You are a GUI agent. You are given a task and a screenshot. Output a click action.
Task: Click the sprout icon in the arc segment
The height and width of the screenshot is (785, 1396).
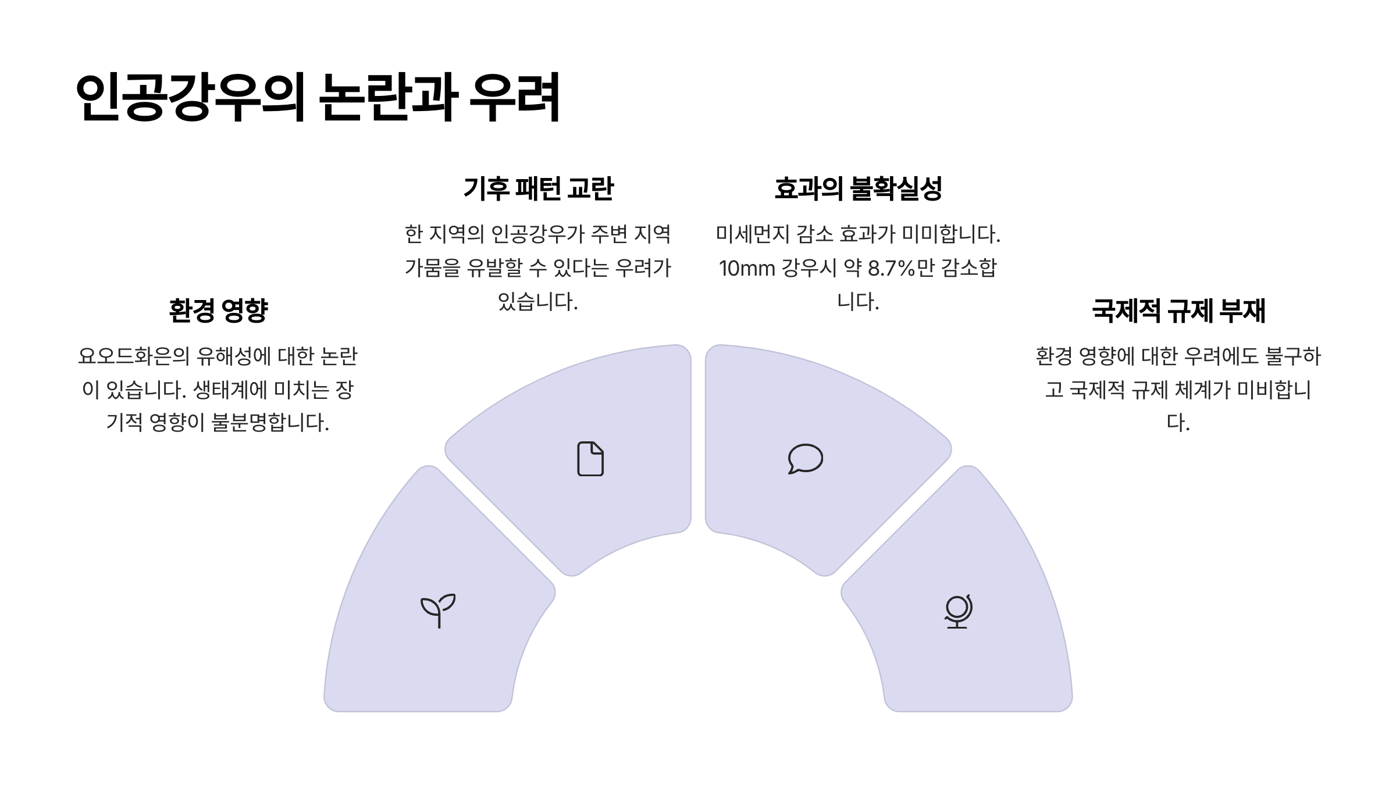click(x=438, y=610)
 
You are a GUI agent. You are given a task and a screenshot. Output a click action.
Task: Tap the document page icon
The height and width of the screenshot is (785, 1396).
click(x=590, y=459)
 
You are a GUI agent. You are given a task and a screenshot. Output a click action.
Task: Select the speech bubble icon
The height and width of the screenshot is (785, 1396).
click(x=806, y=459)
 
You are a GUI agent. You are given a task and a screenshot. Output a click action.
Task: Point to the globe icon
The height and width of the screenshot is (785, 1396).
click(x=957, y=611)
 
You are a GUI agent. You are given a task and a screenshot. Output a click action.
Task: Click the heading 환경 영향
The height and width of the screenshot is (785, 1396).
click(x=218, y=311)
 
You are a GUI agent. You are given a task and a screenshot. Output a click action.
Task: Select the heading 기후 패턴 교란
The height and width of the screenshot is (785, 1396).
click(x=538, y=188)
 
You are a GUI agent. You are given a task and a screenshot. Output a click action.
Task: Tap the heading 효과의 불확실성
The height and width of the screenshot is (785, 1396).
click(x=858, y=188)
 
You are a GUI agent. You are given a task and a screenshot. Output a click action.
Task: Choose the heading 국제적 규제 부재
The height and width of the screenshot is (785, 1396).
click(x=1178, y=311)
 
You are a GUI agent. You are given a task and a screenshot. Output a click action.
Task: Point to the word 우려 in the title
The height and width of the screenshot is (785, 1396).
click(x=515, y=97)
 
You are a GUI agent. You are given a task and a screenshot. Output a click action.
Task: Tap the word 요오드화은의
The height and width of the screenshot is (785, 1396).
click(x=134, y=356)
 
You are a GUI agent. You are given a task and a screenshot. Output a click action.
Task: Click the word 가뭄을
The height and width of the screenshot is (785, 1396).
click(x=432, y=268)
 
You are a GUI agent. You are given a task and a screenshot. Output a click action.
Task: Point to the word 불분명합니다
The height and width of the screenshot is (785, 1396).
click(x=270, y=423)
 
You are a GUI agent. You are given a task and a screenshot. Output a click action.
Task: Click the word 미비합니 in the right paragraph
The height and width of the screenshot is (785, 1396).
click(x=1274, y=390)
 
